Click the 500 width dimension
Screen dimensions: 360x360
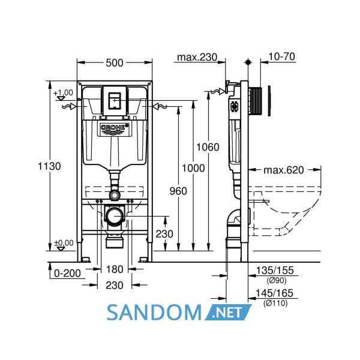[x=115, y=62]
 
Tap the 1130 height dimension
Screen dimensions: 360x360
[x=49, y=166]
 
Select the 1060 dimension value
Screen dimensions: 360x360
[x=208, y=147]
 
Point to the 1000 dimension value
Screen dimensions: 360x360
[x=193, y=168]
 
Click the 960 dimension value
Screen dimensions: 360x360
[x=178, y=191]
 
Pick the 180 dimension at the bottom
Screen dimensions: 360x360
[x=115, y=269]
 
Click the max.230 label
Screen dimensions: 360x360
[x=197, y=57]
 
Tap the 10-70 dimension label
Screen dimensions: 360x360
[x=282, y=56]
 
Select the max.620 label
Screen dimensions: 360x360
[x=284, y=170]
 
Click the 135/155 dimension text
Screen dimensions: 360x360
[x=275, y=271]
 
